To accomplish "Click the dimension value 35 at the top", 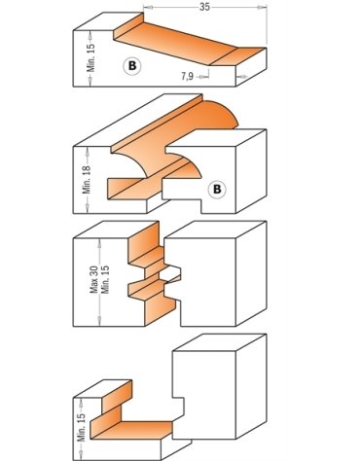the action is (204, 7).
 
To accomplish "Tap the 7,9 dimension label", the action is (187, 77).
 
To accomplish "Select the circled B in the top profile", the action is (132, 66).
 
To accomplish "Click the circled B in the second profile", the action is (217, 189).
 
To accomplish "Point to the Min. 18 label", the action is (87, 180).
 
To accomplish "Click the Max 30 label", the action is (94, 281).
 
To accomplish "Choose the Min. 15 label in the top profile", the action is (91, 57).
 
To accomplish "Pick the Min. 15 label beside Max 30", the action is (105, 280).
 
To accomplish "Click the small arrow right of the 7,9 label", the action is (203, 77).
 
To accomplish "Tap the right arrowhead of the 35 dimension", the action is (263, 7).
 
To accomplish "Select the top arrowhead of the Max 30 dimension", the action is (99, 242).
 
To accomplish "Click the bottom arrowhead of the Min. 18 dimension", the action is (88, 209).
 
